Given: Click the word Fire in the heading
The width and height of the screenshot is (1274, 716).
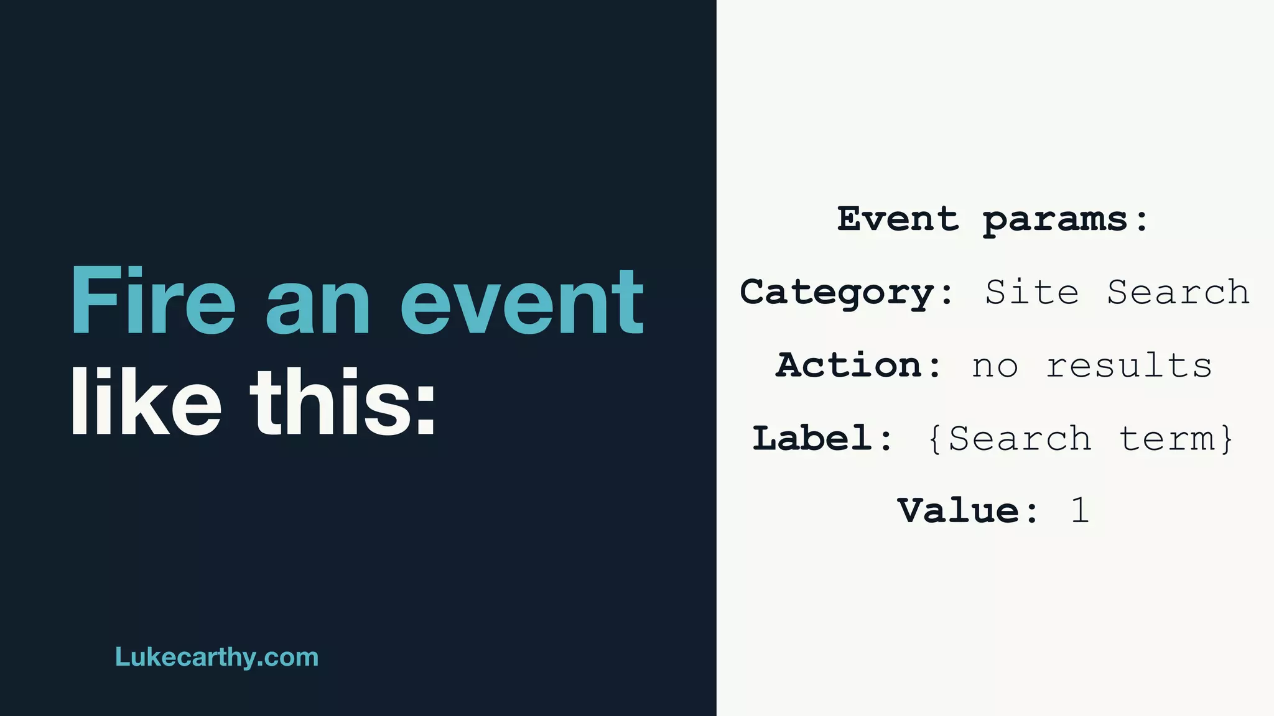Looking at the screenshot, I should (x=153, y=301).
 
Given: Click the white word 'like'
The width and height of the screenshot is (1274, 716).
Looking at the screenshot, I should (x=146, y=402).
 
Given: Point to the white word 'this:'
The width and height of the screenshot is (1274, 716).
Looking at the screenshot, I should (x=343, y=402).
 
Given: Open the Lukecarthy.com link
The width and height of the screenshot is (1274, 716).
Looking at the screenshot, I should (x=216, y=657).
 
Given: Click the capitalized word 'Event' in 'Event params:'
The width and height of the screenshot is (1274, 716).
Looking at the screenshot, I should (x=897, y=219).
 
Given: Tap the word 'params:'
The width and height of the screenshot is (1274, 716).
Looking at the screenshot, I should (x=1065, y=220).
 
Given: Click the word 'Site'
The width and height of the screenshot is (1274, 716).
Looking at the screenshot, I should (x=1031, y=291).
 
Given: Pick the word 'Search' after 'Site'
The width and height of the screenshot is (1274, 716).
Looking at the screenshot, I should (x=1178, y=291).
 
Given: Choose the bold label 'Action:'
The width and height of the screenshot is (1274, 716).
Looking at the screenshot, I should (x=858, y=365).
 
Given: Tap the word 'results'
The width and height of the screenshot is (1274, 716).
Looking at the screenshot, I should (x=1129, y=365).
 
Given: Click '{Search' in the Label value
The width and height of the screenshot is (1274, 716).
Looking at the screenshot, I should (x=1009, y=439).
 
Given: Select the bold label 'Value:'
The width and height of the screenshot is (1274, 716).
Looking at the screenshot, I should (x=967, y=511).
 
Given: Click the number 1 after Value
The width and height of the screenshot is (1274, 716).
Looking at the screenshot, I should (x=1080, y=511).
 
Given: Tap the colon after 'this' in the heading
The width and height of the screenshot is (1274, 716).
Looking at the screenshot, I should (x=425, y=410).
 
